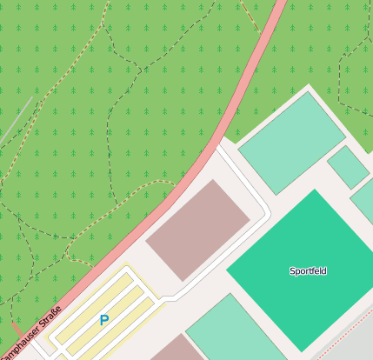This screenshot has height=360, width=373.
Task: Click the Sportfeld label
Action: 308,271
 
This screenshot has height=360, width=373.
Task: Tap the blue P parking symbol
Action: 104,320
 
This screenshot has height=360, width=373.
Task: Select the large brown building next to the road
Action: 197,229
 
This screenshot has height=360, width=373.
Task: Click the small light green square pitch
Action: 348,167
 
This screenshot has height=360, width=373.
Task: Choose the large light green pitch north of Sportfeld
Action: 291,143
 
